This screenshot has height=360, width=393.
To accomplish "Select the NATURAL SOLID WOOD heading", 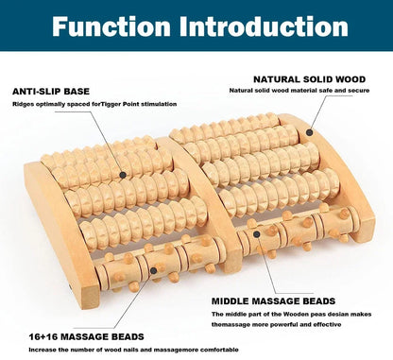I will pyautogui.click(x=308, y=78).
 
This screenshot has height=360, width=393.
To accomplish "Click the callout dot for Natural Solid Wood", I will pyautogui.click(x=308, y=133).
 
